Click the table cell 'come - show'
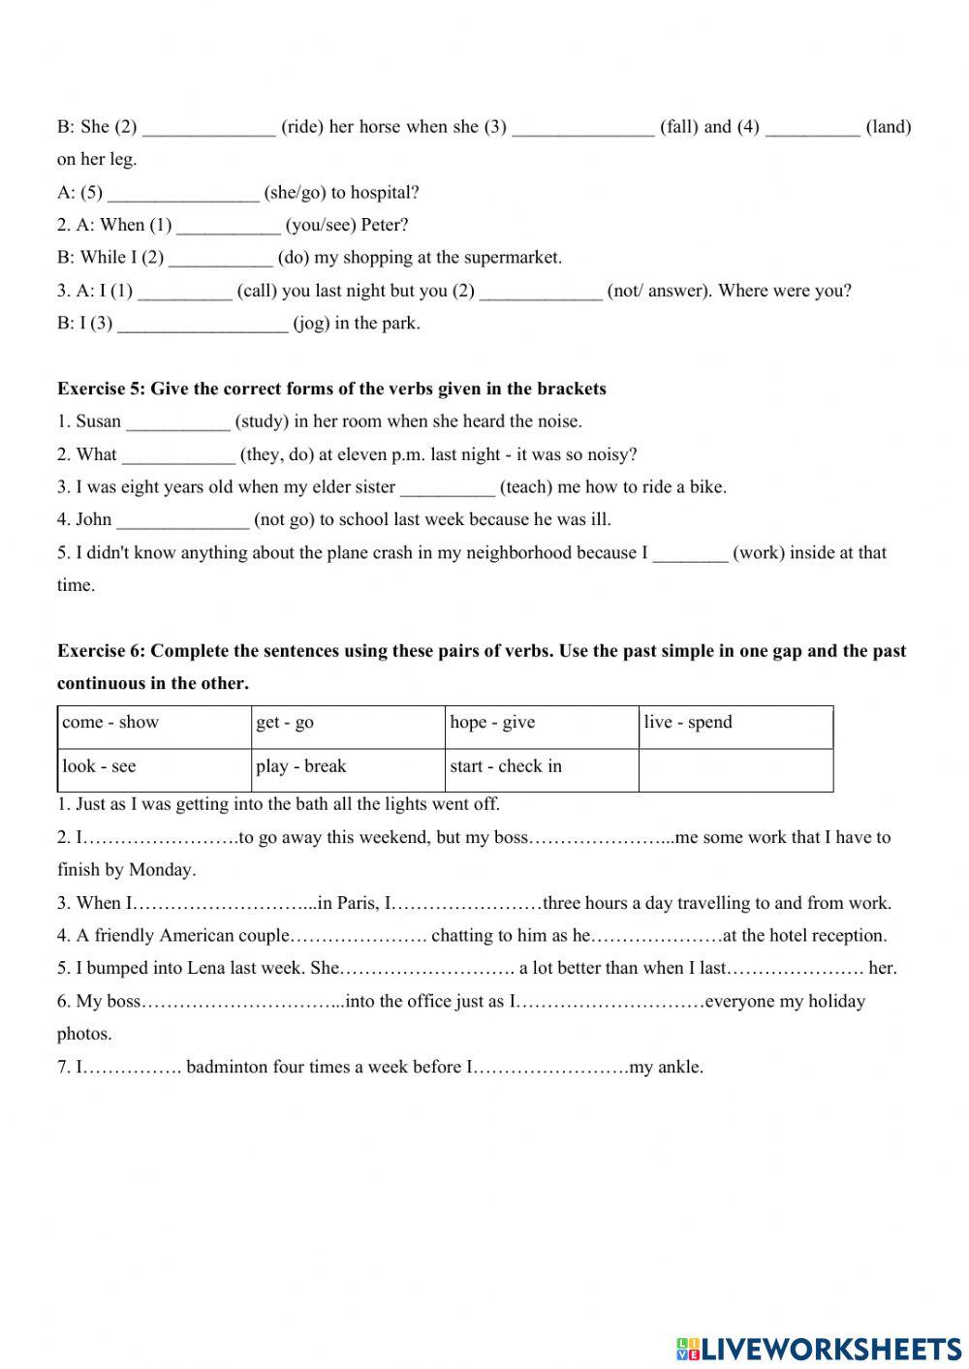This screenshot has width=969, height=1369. click(153, 727)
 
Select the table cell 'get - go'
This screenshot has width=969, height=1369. click(347, 727)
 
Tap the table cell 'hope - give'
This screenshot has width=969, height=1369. click(541, 727)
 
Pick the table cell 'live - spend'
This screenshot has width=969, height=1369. click(735, 727)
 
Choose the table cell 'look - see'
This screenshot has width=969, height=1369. click(153, 770)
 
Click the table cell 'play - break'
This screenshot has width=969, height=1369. click(347, 770)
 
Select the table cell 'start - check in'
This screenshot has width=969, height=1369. click(541, 770)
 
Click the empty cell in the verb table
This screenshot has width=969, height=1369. click(735, 770)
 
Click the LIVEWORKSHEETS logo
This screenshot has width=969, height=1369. click(818, 1348)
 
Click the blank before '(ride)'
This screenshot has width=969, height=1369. click(208, 128)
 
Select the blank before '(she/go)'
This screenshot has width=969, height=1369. click(183, 193)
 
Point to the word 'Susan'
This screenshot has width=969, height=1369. click(98, 421)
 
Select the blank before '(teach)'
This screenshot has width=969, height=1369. click(447, 487)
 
